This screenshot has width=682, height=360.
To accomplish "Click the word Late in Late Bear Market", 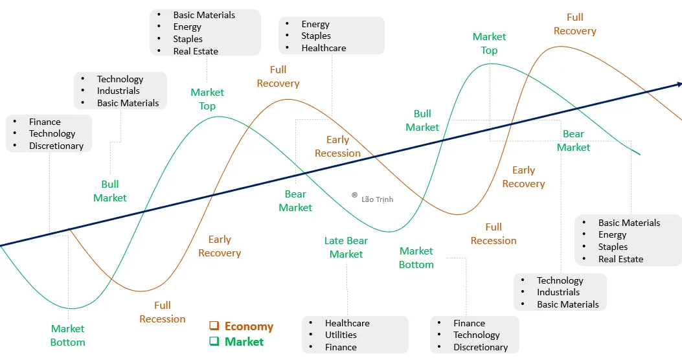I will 334,241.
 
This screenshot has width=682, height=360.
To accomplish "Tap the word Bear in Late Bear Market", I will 357,241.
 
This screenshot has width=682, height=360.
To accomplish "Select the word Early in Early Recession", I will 337,140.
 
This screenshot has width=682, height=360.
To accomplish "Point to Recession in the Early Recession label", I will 337,153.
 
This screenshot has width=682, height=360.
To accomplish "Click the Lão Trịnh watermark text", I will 377,199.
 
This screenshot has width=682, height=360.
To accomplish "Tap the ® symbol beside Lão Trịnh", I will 354,195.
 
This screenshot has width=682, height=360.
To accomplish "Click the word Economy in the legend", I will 249,326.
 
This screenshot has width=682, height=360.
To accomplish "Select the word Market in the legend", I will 244,341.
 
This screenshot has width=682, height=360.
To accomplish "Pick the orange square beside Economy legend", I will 214,326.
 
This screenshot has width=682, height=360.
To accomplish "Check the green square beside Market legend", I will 214,341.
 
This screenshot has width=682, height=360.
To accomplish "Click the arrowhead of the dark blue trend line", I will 679,84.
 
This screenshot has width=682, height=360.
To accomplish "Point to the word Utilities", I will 341,335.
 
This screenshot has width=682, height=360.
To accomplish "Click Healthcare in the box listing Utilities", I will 347,323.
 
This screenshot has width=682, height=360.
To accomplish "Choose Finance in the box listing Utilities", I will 341,347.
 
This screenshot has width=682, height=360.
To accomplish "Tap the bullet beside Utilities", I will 312,335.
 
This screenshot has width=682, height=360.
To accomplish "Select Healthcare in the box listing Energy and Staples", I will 323,48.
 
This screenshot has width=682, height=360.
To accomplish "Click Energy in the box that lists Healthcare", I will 315,24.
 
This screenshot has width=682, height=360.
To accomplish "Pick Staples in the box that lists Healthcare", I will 316,36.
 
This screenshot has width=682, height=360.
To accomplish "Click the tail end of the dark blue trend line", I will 1,245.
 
